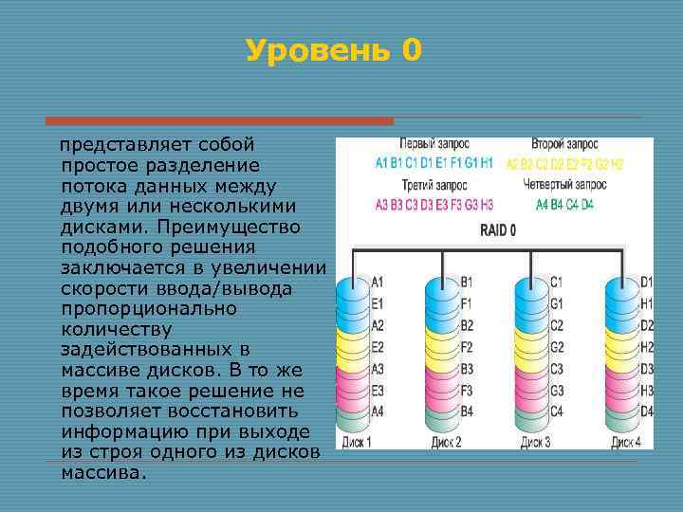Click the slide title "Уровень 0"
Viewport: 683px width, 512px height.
[332, 50]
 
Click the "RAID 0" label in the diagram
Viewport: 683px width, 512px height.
[498, 229]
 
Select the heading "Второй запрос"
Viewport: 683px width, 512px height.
[564, 144]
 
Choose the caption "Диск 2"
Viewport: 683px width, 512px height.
[446, 442]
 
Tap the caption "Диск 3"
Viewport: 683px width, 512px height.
[535, 442]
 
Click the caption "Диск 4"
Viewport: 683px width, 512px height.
[626, 442]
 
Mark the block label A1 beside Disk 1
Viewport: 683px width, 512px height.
[378, 282]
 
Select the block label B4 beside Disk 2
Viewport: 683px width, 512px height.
[467, 411]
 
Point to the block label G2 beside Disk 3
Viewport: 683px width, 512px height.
[557, 346]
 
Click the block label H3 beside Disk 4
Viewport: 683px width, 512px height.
[647, 389]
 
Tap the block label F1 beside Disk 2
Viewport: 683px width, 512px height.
[467, 303]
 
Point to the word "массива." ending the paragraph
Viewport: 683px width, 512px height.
[104, 471]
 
